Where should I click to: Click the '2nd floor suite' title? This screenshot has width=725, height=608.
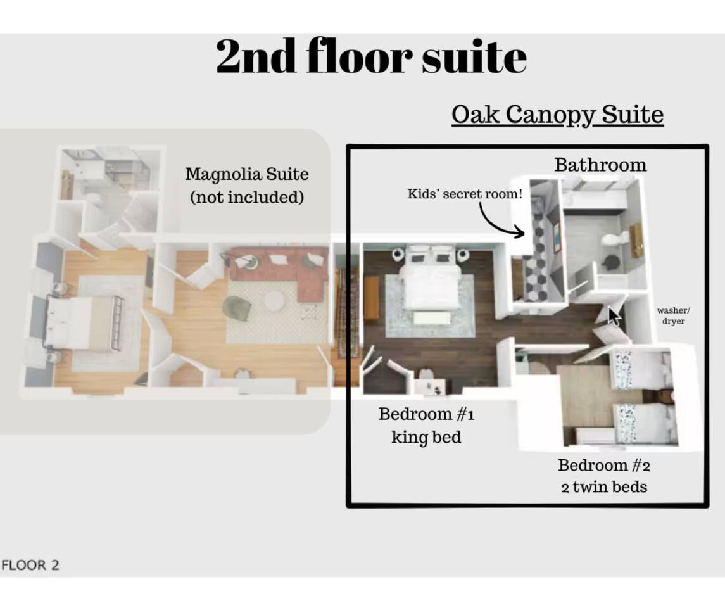[x=371, y=56]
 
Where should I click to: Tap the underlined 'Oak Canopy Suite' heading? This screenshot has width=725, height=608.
[x=558, y=114]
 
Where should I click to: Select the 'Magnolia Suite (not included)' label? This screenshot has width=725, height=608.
[x=247, y=186]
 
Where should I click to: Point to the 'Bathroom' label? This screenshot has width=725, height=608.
[x=600, y=165]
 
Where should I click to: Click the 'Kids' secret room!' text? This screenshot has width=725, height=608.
[x=465, y=194]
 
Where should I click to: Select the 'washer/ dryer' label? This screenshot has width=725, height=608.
[x=673, y=315]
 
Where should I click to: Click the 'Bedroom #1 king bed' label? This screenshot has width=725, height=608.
[x=426, y=426]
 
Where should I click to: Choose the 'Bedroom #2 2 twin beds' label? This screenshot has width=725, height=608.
[x=604, y=476]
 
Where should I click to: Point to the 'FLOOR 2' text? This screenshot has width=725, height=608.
[x=30, y=565]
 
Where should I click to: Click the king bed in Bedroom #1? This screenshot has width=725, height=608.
[x=430, y=280]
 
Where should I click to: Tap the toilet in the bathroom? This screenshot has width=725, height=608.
[x=614, y=239]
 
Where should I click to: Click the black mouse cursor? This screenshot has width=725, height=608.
[x=614, y=317]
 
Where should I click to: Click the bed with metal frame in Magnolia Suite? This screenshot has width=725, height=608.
[x=83, y=322]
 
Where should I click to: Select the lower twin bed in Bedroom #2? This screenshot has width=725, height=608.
[x=643, y=424]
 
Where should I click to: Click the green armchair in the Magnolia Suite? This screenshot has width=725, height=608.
[x=237, y=307]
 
